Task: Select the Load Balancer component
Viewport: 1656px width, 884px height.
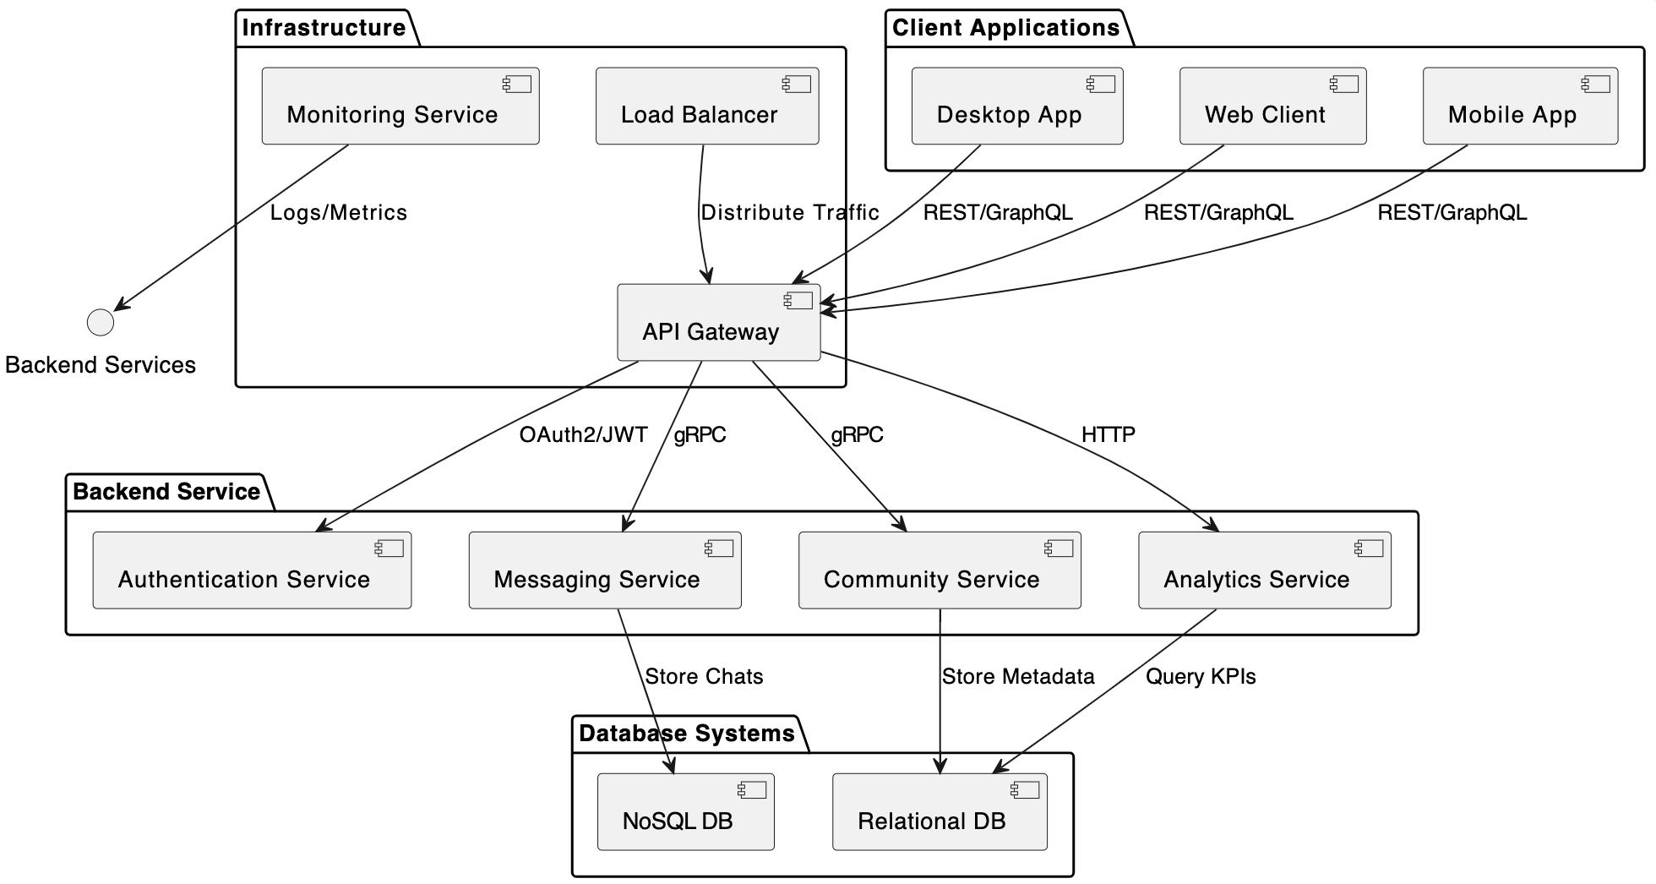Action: (x=706, y=106)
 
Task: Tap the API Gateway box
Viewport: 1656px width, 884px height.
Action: (x=718, y=323)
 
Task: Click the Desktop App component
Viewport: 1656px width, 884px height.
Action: (x=1016, y=106)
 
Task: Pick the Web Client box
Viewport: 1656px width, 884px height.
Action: (x=1272, y=106)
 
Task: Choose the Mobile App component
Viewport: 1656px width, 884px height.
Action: (x=1519, y=106)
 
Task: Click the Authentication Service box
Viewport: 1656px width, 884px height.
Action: (x=251, y=570)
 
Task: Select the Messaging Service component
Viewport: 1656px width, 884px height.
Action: (x=604, y=570)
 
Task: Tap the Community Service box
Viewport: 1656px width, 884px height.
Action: (x=939, y=570)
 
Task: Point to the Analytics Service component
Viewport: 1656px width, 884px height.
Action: (x=1264, y=570)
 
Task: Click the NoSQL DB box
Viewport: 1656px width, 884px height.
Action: (x=685, y=812)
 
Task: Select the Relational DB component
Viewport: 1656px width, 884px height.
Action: (x=939, y=812)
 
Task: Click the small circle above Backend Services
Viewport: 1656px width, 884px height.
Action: (x=101, y=322)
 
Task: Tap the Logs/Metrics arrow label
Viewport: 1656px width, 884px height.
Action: (x=338, y=213)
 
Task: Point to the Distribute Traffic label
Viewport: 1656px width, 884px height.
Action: (x=789, y=213)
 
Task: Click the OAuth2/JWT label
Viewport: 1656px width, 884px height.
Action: (x=583, y=435)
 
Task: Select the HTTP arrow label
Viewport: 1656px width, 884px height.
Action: (x=1108, y=435)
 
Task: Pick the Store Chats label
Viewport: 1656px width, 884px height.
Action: (x=704, y=677)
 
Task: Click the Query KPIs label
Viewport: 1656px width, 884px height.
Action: (x=1200, y=677)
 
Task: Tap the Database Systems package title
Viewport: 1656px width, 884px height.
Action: (x=686, y=734)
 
